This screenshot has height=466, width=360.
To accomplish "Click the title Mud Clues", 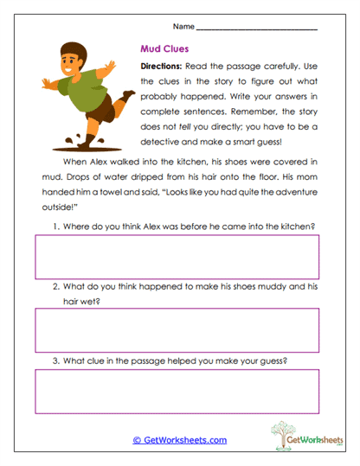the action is tap(165, 49).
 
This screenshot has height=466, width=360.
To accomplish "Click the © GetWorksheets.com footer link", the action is tap(179, 440).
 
